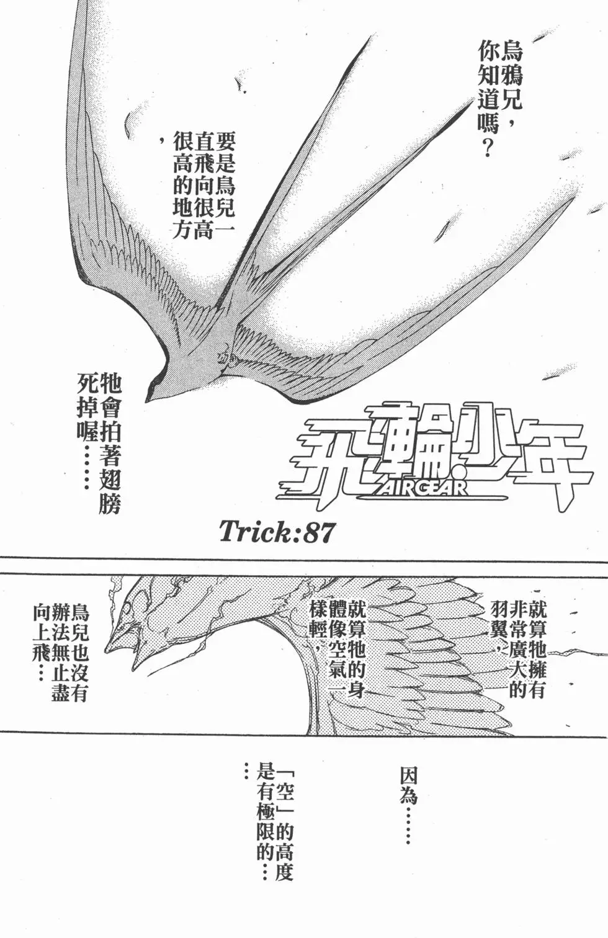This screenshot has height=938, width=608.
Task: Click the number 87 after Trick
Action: click(x=318, y=532)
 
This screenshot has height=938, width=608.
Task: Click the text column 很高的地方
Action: click(x=182, y=185)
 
